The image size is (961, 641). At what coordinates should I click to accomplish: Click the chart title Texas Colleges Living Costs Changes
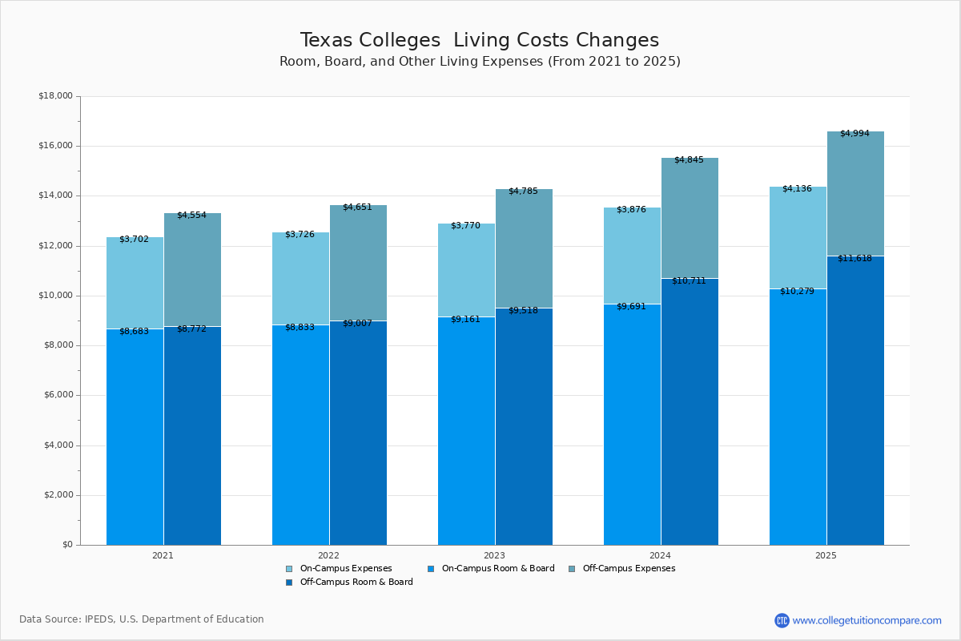479,41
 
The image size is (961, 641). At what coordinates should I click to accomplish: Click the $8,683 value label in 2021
134,331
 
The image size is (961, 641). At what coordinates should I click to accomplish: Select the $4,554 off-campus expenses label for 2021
191,215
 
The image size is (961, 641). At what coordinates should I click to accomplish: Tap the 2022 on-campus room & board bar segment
300,437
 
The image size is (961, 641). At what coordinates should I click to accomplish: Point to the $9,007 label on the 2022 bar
357,323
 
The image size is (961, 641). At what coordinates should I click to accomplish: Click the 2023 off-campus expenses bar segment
524,248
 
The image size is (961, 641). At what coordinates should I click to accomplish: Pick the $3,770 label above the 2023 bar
465,225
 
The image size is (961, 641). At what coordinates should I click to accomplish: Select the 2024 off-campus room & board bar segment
690,413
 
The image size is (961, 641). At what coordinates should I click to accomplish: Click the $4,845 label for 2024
689,159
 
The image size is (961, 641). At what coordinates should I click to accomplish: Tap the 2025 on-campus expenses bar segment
798,238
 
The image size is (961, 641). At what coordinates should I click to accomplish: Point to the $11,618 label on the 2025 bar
854,258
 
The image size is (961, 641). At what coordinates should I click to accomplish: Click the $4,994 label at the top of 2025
854,133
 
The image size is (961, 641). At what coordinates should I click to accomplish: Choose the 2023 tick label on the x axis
494,554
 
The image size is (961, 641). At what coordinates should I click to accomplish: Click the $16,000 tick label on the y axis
55,146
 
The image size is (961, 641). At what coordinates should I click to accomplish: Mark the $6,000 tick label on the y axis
58,395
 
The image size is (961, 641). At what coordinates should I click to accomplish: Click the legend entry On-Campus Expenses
345,568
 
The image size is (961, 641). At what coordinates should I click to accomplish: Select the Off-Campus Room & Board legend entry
356,582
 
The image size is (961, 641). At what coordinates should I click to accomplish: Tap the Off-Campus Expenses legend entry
628,568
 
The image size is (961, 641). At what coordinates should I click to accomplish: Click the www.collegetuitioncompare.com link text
867,620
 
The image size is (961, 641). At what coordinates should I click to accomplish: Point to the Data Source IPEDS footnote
142,619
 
